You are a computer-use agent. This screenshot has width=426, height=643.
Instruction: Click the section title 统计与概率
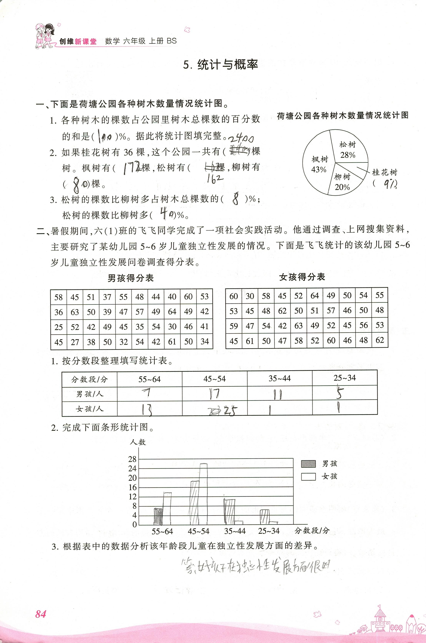221,65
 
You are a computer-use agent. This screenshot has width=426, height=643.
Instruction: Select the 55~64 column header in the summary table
149,379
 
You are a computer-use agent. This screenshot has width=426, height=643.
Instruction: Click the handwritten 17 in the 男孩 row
214,393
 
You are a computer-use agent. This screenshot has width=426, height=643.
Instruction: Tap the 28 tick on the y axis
132,459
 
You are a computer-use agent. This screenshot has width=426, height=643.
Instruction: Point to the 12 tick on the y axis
132,497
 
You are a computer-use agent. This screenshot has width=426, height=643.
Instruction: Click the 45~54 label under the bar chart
199,531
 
